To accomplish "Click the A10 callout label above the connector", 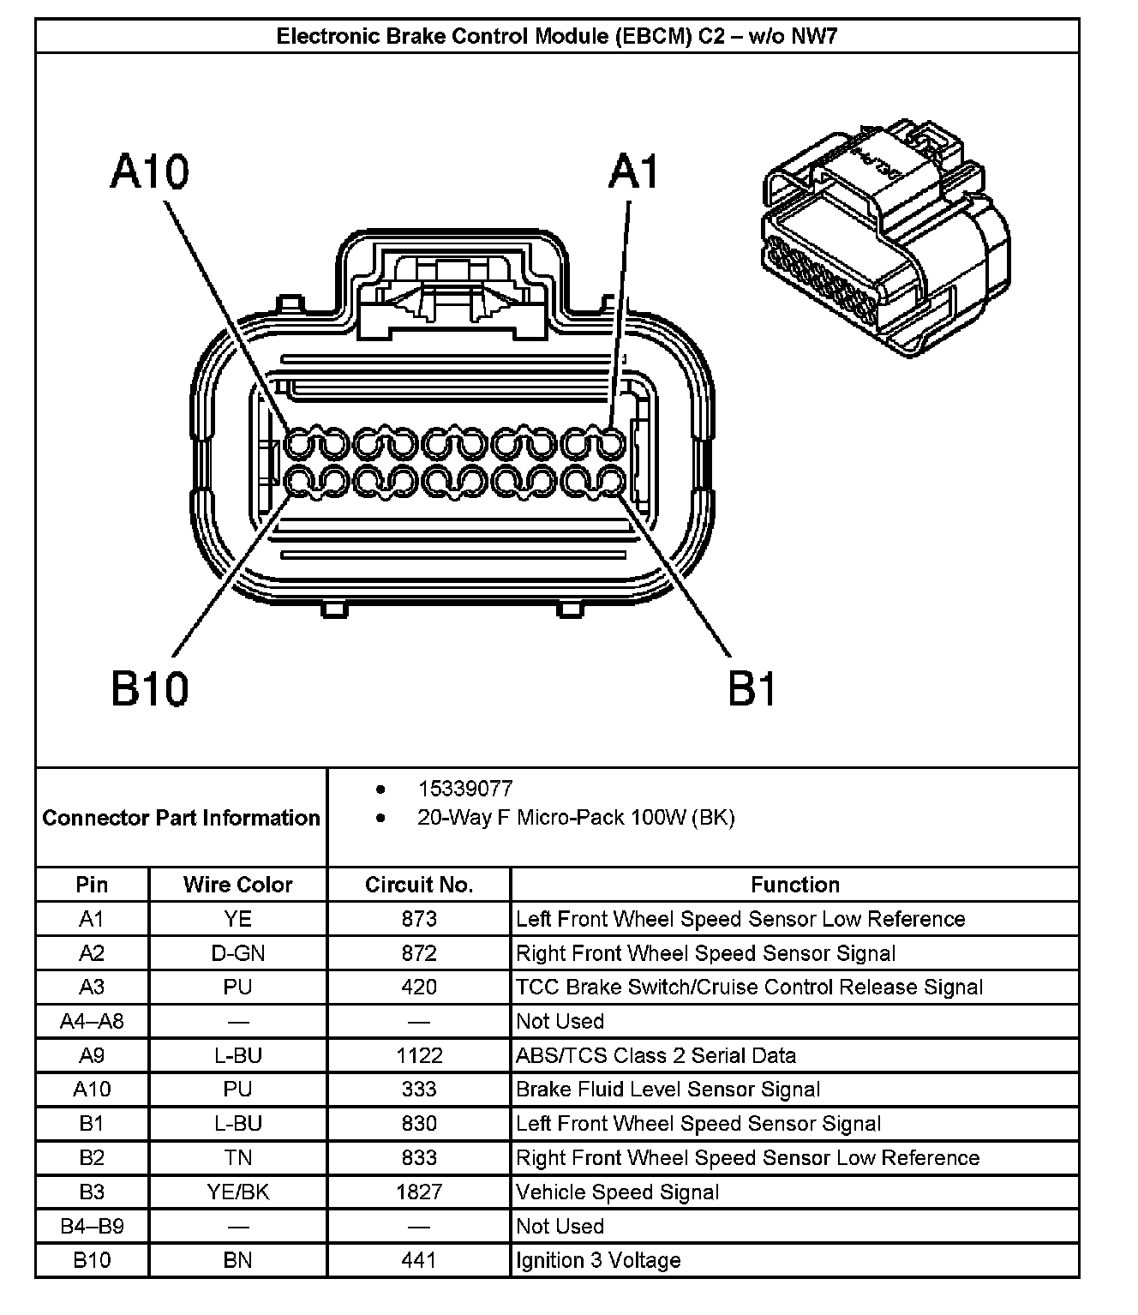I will pos(150,171).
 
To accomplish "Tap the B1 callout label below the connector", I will pos(752,688).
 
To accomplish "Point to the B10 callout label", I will pos(150,688).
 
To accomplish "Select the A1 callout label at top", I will pos(634,171).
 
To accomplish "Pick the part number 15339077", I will pos(465,789).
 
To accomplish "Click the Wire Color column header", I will pos(237,885).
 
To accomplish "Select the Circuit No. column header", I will pos(419,885).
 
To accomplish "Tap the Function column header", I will pos(794,885).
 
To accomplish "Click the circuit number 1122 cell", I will pos(419,1055).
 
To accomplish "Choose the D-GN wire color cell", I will pos(237,953).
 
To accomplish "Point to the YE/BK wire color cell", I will pos(237,1192).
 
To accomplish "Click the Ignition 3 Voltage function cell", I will pos(598,1260).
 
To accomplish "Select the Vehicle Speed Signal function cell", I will pos(617,1192).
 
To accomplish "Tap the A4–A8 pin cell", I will pos(92,1021).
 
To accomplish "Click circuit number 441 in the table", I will pos(419,1260).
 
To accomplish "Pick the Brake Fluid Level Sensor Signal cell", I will pos(668,1090).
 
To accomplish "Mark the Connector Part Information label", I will pos(181,818).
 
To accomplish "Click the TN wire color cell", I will pos(237,1157).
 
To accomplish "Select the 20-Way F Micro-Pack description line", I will pos(576,818).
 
